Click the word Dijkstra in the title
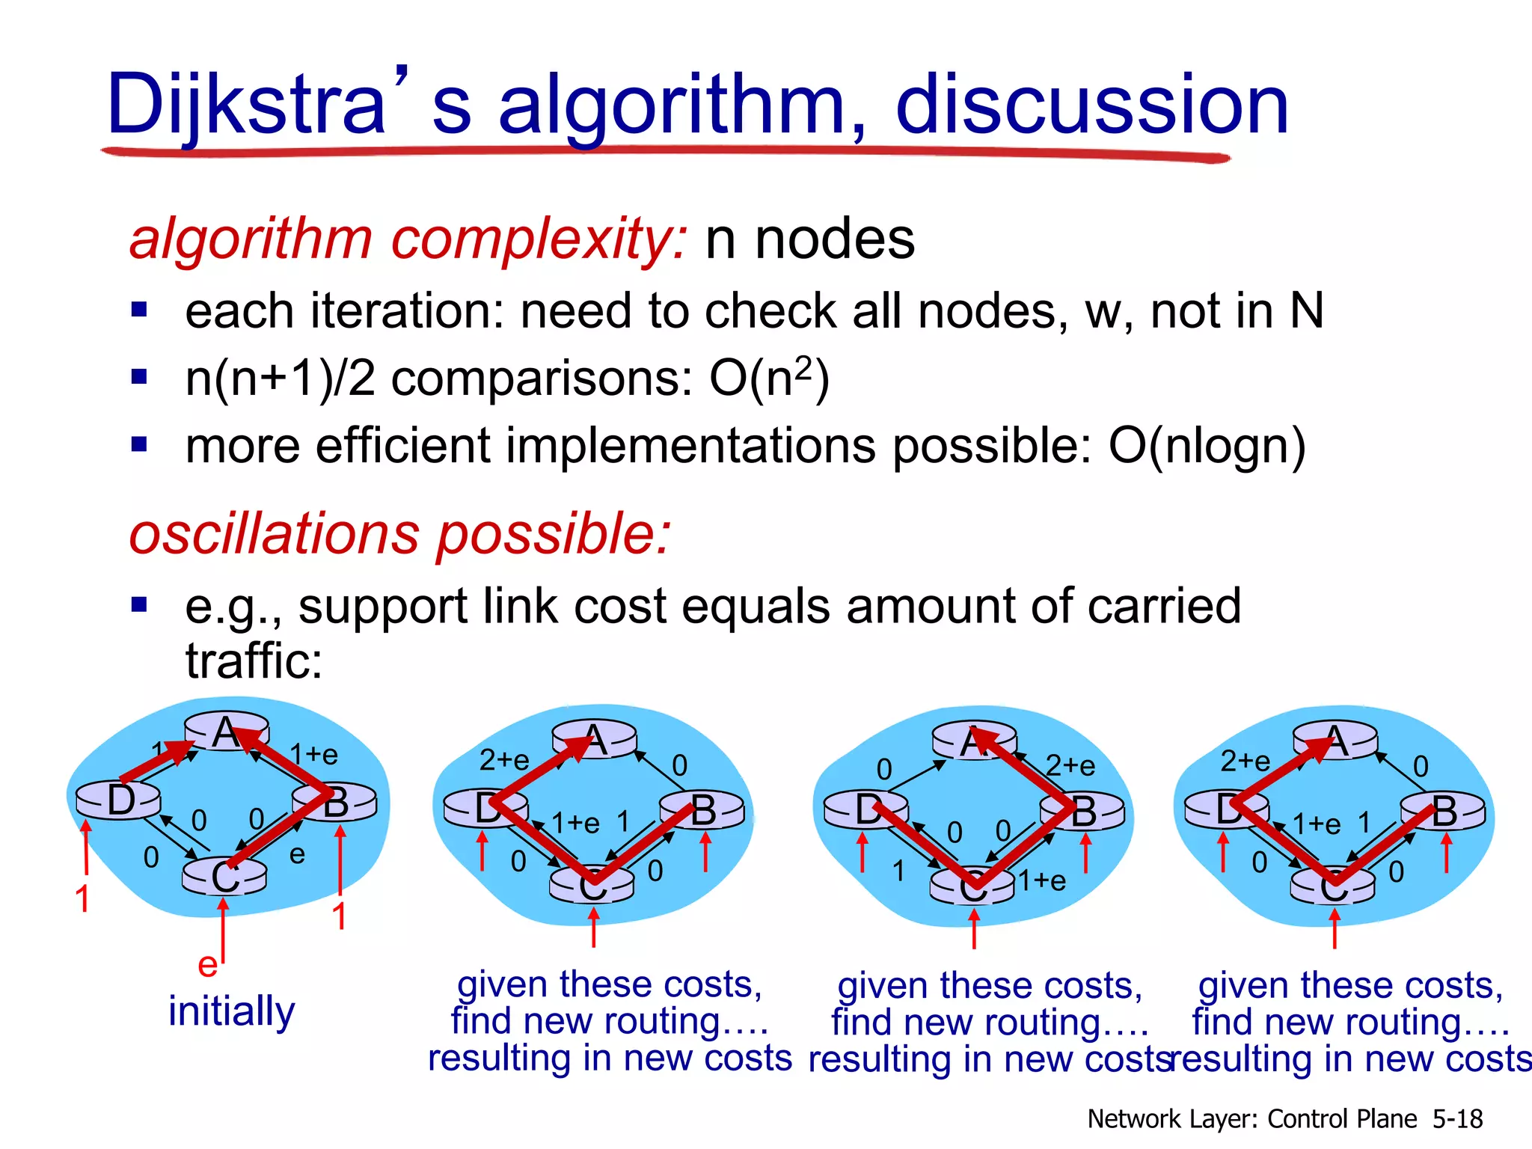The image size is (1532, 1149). point(247,105)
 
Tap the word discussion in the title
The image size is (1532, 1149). point(1092,105)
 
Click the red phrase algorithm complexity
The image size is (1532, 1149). point(408,239)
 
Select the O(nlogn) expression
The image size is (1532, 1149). point(1207,447)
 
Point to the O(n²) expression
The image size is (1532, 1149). point(769,378)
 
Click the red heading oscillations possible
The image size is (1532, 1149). point(400,534)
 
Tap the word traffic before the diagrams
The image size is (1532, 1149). point(254,661)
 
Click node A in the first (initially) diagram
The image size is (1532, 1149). point(226,732)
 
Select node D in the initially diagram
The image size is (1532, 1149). point(120,800)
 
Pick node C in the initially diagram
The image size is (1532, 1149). point(224,877)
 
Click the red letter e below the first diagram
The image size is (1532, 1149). point(207,965)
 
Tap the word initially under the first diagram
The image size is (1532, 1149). point(232,1011)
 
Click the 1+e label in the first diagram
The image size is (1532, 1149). point(314,754)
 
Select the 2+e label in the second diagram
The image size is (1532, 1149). point(504,760)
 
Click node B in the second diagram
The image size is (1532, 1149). point(702,810)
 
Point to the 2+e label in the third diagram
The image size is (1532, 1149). point(1070,765)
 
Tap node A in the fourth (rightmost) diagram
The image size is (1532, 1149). point(1335,741)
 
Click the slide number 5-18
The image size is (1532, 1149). point(1457,1119)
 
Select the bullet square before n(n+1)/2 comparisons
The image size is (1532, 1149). point(139,376)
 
